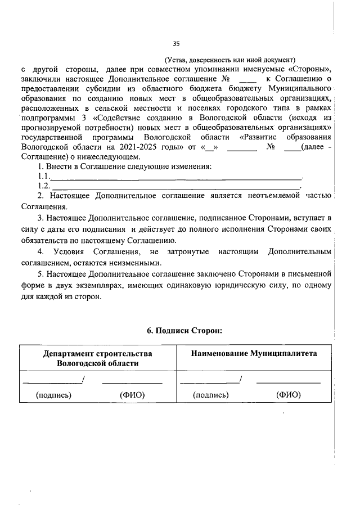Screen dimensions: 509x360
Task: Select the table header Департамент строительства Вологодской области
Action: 97,358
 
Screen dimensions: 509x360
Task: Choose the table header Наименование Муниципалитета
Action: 253,354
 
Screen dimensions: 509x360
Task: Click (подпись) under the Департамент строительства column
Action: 53,395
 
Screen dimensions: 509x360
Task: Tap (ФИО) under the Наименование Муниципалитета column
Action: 288,395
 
